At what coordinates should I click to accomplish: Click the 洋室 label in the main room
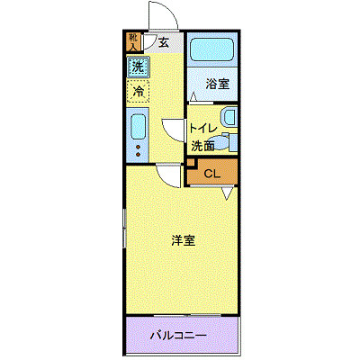coord(184,240)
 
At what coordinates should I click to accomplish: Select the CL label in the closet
coord(212,173)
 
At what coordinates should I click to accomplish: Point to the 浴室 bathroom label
coord(218,85)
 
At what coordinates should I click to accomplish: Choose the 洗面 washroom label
coord(202,144)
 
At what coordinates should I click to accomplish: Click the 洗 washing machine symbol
coord(138,66)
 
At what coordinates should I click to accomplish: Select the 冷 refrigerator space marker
coord(139,91)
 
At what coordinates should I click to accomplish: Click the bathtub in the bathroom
coord(213,52)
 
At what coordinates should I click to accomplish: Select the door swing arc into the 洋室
coord(165,175)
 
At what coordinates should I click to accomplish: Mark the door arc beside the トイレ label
coord(173,130)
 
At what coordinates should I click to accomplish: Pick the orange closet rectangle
coord(213,173)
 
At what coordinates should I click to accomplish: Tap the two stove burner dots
coord(138,149)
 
